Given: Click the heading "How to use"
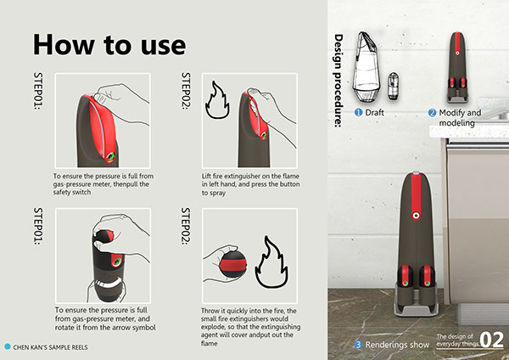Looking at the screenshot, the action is [x=109, y=44].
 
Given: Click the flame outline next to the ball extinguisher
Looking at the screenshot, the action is [x=271, y=263].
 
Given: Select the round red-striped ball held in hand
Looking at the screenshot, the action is [x=232, y=264].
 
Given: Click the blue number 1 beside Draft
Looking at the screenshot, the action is [x=358, y=112].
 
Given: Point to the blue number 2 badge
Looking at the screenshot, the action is [x=432, y=113].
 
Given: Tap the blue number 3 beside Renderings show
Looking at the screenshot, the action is [x=358, y=345].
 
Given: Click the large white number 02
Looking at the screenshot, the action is [x=491, y=340].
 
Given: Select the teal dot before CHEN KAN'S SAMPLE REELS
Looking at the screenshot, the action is [x=8, y=346].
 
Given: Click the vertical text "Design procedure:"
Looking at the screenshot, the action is [x=338, y=81].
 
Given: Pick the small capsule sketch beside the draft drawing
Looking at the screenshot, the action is [x=393, y=86].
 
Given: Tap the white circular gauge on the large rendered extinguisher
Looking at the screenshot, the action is [x=415, y=216].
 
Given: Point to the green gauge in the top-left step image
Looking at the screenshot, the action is [x=110, y=156].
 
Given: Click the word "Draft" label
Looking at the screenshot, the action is [x=374, y=112].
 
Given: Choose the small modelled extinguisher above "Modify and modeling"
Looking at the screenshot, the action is [x=457, y=67].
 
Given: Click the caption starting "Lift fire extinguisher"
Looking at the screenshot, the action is [x=250, y=184].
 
